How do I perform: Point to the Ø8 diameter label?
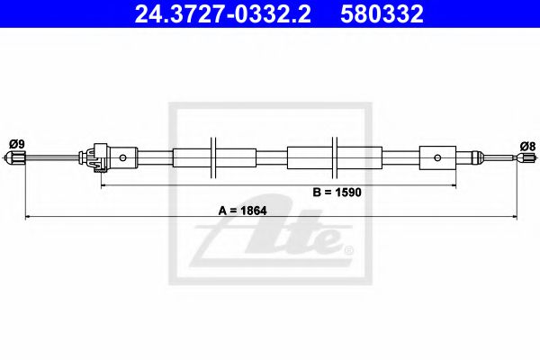point(527,144)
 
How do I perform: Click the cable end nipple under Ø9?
point(15,159)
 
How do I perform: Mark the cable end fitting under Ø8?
point(521,158)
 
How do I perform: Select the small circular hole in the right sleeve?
point(438,158)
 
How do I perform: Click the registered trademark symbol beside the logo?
point(349,248)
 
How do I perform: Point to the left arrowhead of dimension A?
point(27,217)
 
